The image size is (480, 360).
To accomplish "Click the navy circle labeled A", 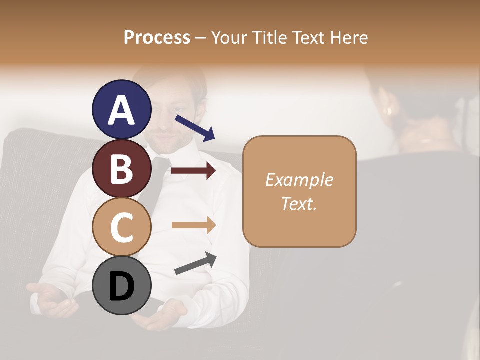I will (x=121, y=109).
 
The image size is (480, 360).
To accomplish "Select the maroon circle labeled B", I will (x=121, y=168).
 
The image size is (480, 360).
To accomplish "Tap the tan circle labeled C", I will (x=121, y=227).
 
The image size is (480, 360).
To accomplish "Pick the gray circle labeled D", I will (x=121, y=285).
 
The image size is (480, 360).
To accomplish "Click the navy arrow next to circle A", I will (x=195, y=128).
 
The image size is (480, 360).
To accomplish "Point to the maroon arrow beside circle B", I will (x=193, y=171).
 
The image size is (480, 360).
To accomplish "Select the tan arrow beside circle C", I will (x=193, y=225).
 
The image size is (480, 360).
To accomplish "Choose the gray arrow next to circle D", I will (x=195, y=263).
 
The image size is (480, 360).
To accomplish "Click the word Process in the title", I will (x=157, y=37).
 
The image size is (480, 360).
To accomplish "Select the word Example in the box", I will (x=299, y=180).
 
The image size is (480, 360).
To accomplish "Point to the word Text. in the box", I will (x=299, y=203).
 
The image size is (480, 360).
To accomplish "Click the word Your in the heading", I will (x=229, y=37).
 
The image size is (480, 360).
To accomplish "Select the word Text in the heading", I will (x=309, y=37).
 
